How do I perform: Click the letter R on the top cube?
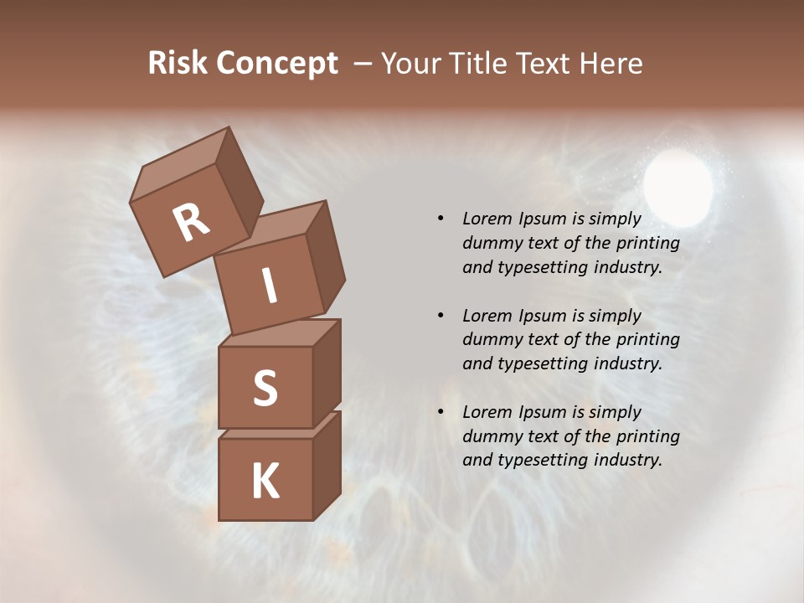[x=191, y=223]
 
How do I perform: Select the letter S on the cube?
[x=265, y=389]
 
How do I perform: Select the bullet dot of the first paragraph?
[x=441, y=219]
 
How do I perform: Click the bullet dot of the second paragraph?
[x=441, y=316]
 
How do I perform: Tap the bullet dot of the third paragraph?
[x=441, y=412]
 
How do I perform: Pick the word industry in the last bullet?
[x=627, y=460]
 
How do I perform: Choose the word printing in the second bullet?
[x=647, y=340]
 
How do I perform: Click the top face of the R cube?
[x=183, y=166]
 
